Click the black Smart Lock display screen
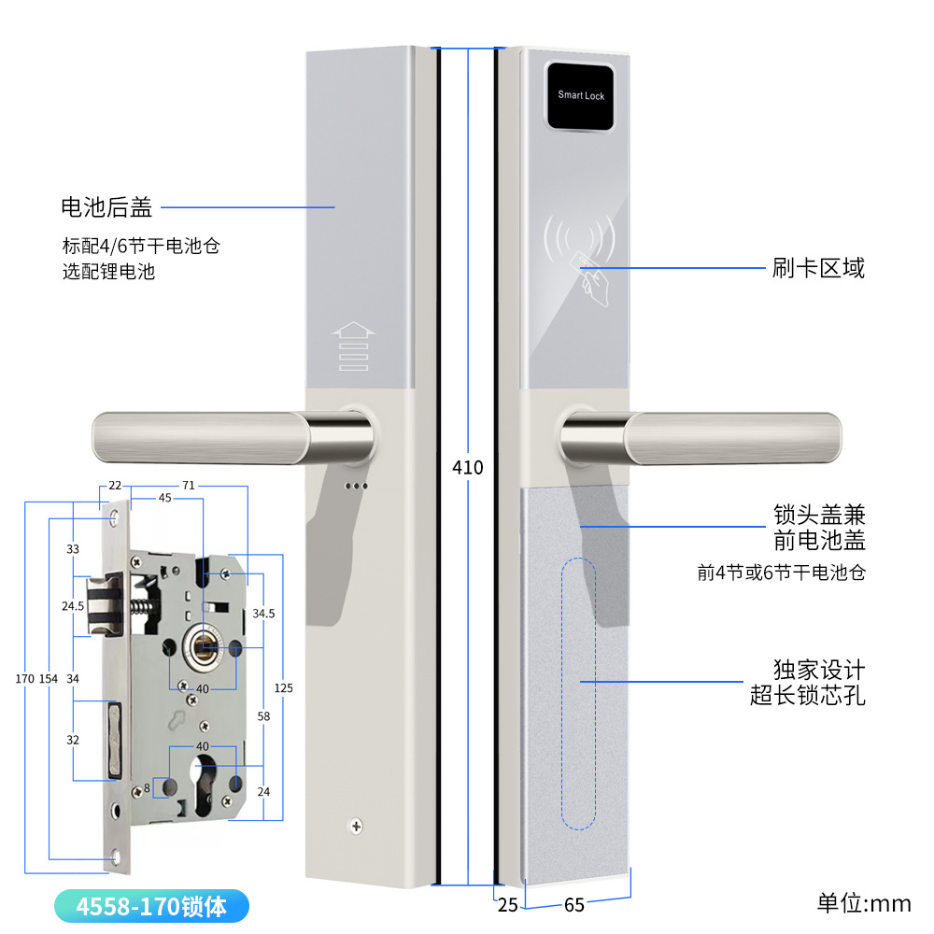[581, 95]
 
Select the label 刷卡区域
[818, 269]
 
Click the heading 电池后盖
[106, 206]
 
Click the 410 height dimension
[467, 466]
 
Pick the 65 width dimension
[574, 905]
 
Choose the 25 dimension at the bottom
[507, 905]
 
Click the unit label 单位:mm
[864, 903]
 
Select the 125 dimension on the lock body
[284, 688]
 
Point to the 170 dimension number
[24, 678]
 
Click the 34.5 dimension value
[264, 614]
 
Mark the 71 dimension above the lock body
[188, 486]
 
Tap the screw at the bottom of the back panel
[355, 825]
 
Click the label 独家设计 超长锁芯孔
[807, 683]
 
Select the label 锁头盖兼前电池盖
[819, 528]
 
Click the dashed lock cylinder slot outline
[578, 692]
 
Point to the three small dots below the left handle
[356, 486]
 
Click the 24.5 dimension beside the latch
[74, 606]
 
